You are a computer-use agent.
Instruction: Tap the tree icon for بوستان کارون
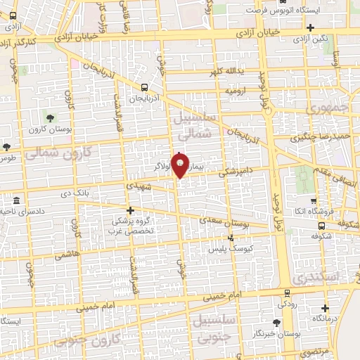point(49,117)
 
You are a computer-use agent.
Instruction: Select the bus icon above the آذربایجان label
point(144,88)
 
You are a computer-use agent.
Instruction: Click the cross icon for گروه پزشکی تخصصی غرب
point(130,210)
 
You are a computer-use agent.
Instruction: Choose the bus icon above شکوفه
point(321,226)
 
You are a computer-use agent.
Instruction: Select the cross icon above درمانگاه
point(325,308)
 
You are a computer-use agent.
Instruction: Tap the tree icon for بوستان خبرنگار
point(276,322)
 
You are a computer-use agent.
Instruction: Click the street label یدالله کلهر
point(225,72)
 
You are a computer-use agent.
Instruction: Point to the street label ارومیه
point(236,91)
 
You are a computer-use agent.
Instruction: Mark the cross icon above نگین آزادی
point(310,27)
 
